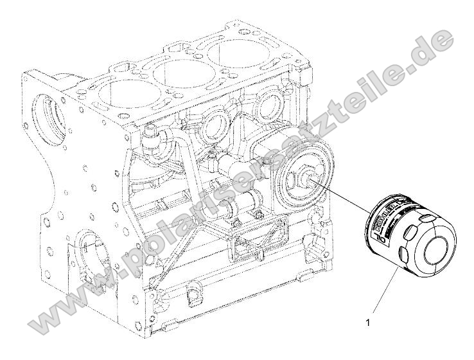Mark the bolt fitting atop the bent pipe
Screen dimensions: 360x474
point(152,136)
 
